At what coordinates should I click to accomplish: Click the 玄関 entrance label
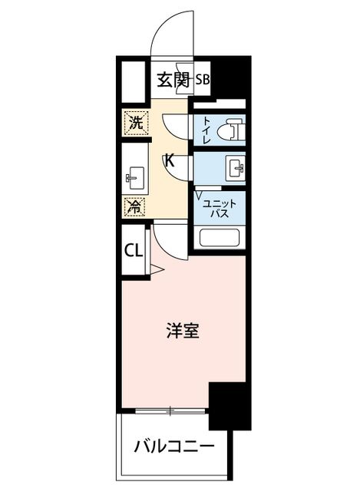(x=173, y=80)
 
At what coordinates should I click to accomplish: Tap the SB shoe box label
(x=203, y=80)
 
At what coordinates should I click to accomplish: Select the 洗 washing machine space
(x=136, y=123)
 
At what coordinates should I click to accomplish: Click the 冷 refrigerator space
(x=135, y=206)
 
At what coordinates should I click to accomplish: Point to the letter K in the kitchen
(x=170, y=161)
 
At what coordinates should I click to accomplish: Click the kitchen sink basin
(x=135, y=178)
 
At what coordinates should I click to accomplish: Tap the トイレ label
(x=206, y=130)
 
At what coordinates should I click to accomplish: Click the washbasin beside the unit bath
(x=235, y=168)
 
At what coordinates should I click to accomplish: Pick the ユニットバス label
(x=220, y=209)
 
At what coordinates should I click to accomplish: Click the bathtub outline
(x=220, y=239)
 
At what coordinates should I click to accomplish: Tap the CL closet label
(x=134, y=251)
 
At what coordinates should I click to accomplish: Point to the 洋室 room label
(x=183, y=331)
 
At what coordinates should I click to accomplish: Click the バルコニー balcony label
(x=174, y=446)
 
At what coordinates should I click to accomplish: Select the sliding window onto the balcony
(x=170, y=410)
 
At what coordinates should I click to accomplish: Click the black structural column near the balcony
(x=230, y=406)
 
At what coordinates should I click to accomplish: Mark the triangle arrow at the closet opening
(x=157, y=269)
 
